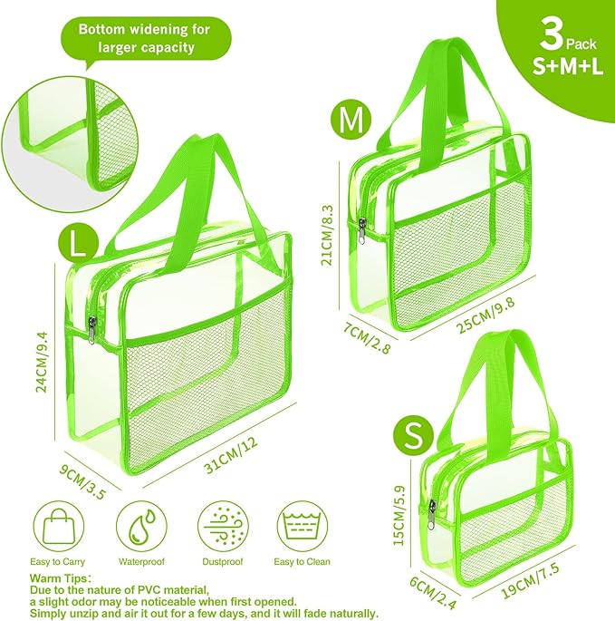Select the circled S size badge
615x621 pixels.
(414, 436)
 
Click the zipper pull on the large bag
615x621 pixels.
(92, 330)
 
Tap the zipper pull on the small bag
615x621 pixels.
(433, 514)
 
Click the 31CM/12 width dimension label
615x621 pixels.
(230, 455)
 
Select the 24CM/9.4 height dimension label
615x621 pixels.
(42, 362)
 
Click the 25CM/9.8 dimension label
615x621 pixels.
(485, 315)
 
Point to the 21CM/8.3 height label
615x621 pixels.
(328, 235)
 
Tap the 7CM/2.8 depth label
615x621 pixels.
(367, 337)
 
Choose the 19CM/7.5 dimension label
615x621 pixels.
(531, 580)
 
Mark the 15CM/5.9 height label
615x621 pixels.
(400, 515)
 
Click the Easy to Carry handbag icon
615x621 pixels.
(59, 526)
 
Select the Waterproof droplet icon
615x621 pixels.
(141, 526)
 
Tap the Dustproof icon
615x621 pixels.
(223, 526)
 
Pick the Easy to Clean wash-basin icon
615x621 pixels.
(303, 526)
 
